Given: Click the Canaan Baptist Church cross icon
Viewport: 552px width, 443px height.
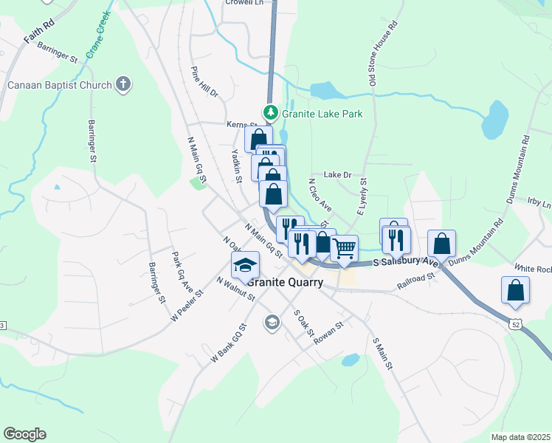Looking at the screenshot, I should (123, 84).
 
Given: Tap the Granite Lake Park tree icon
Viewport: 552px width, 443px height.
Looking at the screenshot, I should (272, 114).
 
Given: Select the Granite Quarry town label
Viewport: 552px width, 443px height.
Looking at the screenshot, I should (286, 281).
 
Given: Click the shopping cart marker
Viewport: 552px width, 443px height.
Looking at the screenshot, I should (344, 249).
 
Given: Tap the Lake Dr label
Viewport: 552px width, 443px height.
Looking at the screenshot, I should (338, 175).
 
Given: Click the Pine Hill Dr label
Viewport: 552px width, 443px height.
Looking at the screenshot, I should (205, 82).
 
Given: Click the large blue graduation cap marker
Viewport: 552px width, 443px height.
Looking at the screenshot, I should (245, 266).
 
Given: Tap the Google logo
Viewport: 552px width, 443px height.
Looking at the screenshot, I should (24, 434).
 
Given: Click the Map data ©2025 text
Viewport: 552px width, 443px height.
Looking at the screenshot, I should (520, 437).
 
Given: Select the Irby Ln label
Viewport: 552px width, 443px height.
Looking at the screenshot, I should (539, 202).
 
